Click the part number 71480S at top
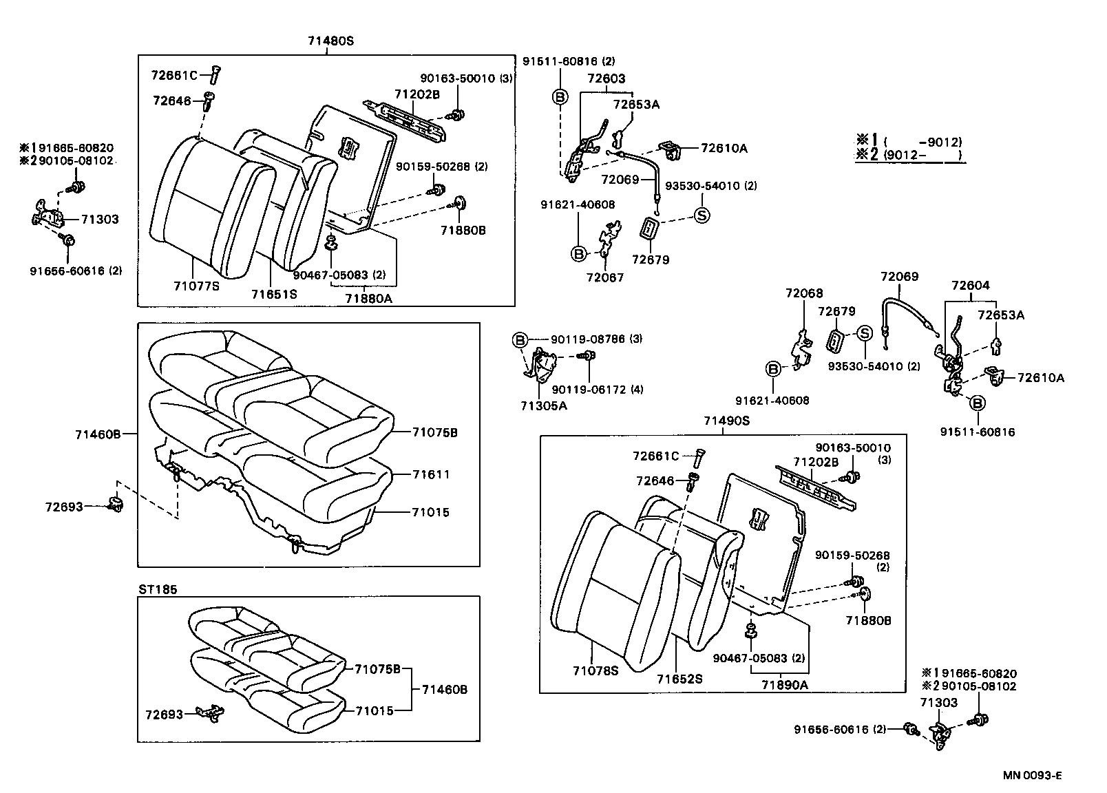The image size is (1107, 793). [x=330, y=41]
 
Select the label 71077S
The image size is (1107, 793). [x=197, y=285]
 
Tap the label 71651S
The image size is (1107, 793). [x=273, y=294]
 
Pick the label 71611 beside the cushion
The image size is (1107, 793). [x=431, y=474]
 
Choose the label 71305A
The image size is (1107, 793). [x=544, y=405]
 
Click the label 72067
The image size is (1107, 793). [x=604, y=277]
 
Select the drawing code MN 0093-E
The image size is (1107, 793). [x=1032, y=775]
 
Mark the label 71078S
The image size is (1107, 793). [x=595, y=670]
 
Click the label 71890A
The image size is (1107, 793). [x=785, y=684]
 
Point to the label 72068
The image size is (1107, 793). [x=804, y=293]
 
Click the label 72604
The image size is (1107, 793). [x=970, y=285]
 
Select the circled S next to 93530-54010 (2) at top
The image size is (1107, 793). [x=702, y=215]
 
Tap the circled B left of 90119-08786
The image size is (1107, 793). [x=520, y=339]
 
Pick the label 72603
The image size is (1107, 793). [x=606, y=78]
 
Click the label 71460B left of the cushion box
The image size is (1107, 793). [x=98, y=434]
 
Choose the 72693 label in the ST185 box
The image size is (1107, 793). [x=164, y=715]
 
